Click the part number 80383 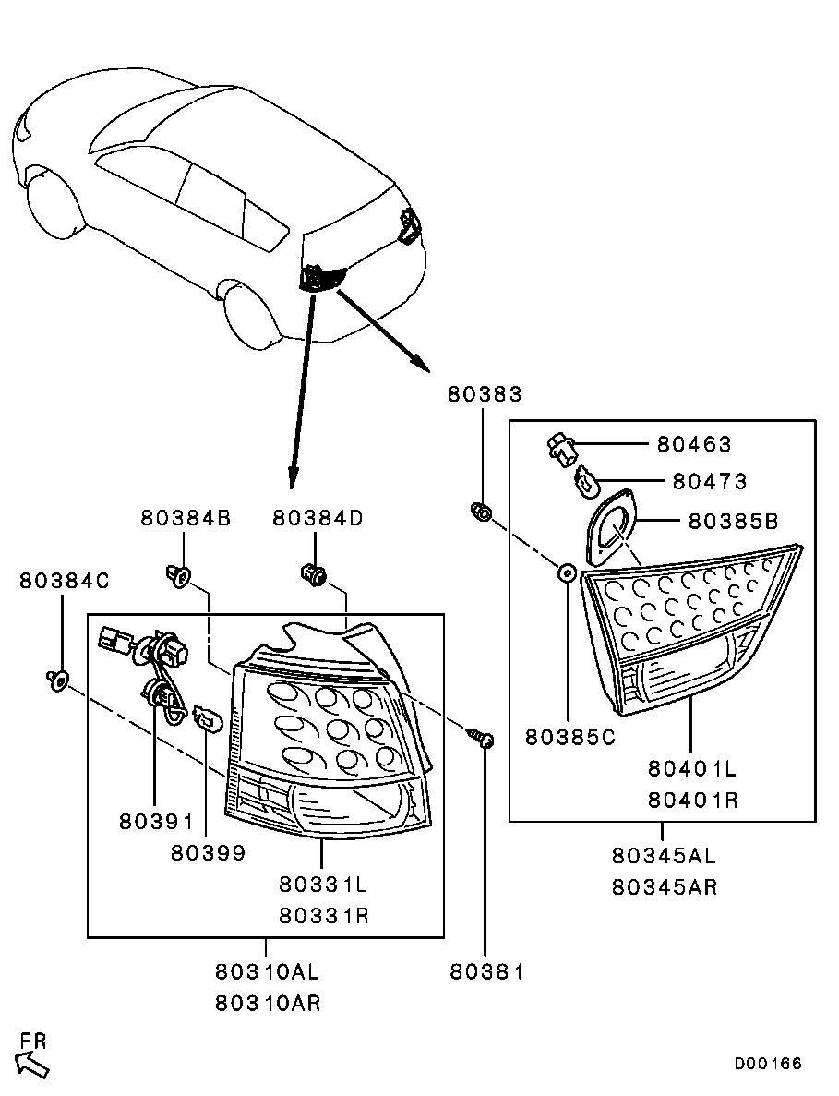485,394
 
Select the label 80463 694,444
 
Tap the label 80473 709,481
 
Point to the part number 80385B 733,522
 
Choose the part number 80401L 693,768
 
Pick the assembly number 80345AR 665,887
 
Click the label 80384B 186,518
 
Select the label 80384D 318,518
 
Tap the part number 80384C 65,581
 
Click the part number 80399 208,853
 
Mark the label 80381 486,971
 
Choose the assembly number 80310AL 268,971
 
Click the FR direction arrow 32,1064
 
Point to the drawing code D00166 768,1064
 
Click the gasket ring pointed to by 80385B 612,527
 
